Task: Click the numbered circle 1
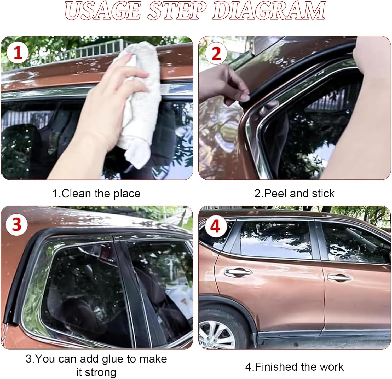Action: [x=18, y=53]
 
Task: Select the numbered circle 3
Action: [x=17, y=225]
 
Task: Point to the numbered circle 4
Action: [x=215, y=226]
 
